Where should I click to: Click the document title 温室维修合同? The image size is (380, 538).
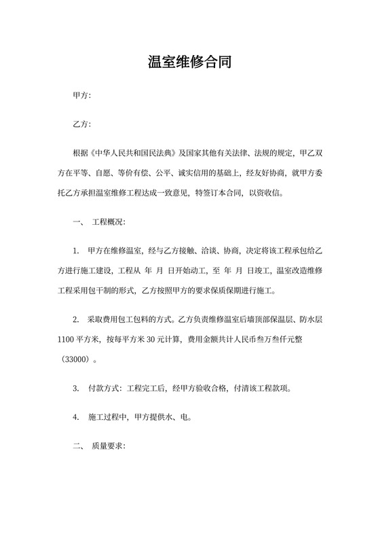189,62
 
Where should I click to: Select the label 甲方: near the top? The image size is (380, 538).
81,96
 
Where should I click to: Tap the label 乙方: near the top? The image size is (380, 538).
81,125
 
